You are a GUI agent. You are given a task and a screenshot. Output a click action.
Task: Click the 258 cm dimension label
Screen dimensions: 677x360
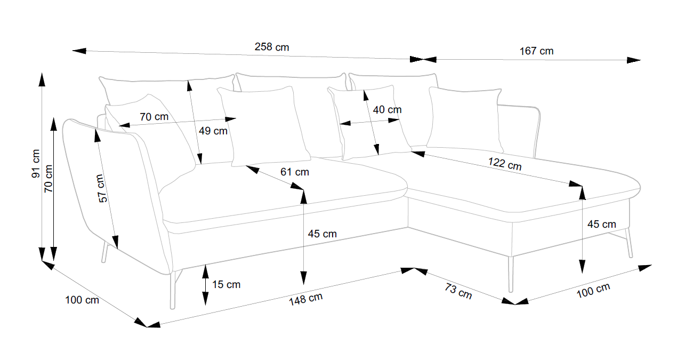click(x=272, y=47)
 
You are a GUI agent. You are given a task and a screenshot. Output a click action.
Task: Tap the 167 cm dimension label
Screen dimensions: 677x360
click(x=536, y=51)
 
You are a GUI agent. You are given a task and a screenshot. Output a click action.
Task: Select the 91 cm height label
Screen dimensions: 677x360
click(x=36, y=164)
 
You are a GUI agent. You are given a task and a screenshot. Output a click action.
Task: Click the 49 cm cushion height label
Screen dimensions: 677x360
click(x=213, y=131)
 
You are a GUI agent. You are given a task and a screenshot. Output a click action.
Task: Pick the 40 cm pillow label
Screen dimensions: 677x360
click(x=387, y=109)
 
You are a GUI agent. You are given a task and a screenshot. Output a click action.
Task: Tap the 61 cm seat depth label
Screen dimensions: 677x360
click(x=295, y=172)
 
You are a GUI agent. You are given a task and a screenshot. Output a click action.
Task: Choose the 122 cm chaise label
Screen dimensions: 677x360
click(x=505, y=164)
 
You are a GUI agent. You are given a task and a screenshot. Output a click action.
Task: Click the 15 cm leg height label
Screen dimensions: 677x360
click(x=226, y=284)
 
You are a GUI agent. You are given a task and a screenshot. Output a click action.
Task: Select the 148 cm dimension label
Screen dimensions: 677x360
click(x=306, y=299)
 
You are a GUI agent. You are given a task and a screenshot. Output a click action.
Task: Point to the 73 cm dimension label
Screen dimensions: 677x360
click(x=458, y=291)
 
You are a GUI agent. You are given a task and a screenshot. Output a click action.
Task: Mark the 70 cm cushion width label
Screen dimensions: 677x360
click(x=154, y=117)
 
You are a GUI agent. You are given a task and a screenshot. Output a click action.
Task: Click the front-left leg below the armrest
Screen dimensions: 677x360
click(x=173, y=290)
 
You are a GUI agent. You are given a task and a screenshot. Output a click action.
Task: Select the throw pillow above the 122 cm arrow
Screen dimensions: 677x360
click(x=465, y=120)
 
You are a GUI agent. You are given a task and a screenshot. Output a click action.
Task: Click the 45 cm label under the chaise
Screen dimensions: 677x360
click(x=602, y=224)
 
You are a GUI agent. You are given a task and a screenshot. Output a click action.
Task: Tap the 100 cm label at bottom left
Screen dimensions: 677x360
click(x=82, y=300)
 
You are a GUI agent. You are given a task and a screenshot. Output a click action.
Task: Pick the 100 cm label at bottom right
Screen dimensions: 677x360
click(x=593, y=291)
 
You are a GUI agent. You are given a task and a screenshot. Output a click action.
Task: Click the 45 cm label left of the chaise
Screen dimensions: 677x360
click(x=322, y=234)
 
